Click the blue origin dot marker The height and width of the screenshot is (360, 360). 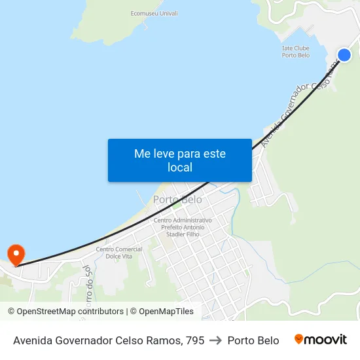344,55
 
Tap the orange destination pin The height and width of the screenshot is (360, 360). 15,255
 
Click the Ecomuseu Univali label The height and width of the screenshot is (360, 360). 154,13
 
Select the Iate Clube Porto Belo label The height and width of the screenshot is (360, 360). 295,51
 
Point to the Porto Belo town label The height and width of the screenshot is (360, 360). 177,199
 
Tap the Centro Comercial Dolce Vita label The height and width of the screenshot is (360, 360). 118,253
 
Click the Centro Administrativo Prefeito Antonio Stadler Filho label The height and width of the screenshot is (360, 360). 183,227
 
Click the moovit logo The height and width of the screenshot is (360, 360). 321,340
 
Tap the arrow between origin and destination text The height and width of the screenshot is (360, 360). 216,340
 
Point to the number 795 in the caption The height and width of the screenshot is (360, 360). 194,340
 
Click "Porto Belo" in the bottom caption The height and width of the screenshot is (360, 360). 253,340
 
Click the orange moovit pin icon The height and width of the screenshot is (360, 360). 299,339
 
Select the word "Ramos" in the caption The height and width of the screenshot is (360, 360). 165,340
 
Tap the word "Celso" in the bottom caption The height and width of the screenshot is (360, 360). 132,340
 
